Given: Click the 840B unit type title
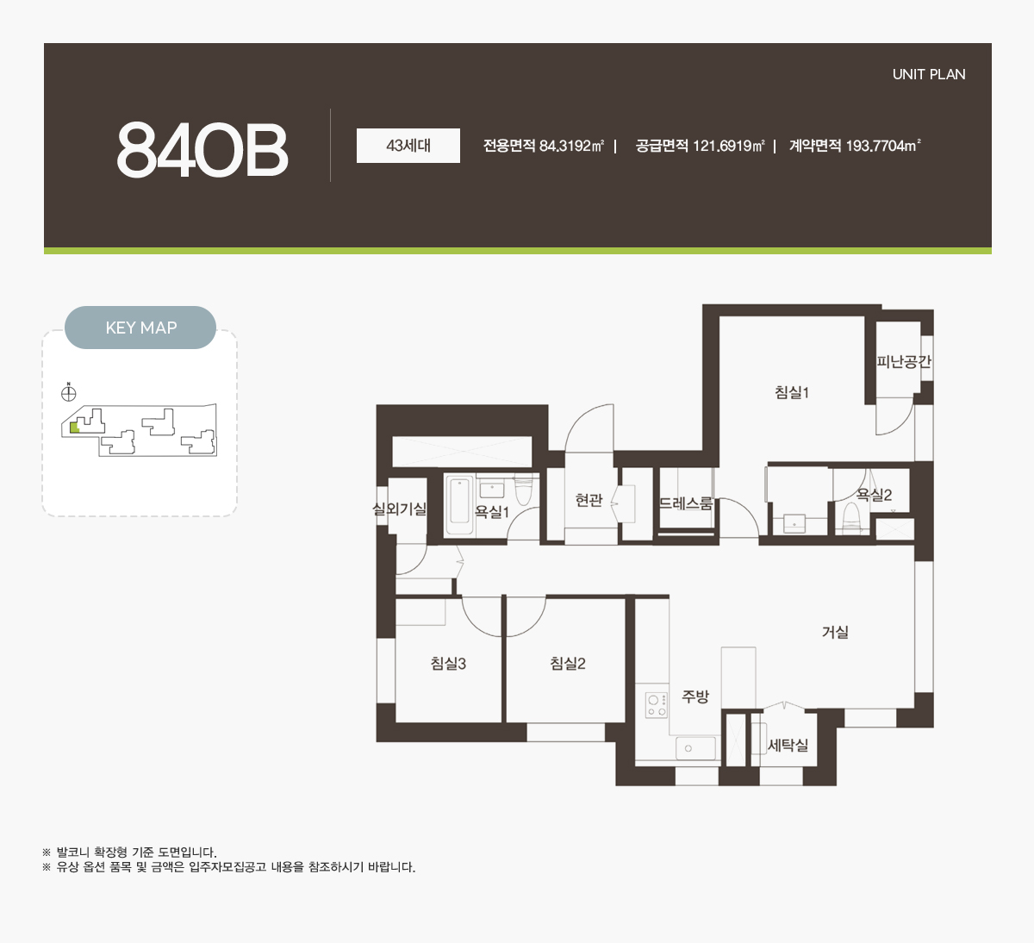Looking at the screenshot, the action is [202, 150].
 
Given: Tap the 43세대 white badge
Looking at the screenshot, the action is [408, 146].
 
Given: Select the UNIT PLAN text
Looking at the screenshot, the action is [929, 74].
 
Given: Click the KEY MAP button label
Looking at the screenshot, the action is [140, 328].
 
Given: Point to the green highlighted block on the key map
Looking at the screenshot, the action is [74, 428].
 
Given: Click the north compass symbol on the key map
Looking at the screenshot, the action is [69, 393].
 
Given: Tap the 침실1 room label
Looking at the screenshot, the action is [792, 392].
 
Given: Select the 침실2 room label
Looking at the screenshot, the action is [568, 663].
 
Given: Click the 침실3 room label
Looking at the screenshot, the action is [448, 663].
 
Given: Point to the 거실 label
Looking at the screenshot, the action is [835, 632].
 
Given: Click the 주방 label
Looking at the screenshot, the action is [695, 696].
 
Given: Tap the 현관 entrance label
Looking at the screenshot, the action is [589, 500].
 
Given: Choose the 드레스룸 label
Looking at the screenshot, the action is [686, 503].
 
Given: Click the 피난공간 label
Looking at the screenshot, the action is [904, 361].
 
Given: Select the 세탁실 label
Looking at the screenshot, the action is [788, 745].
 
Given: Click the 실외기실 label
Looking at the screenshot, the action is [400, 509].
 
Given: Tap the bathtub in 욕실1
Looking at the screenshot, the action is [460, 505].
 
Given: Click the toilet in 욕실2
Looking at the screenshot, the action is [851, 518].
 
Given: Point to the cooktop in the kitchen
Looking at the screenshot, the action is [657, 706].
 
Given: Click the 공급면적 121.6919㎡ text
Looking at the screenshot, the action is [700, 146].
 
